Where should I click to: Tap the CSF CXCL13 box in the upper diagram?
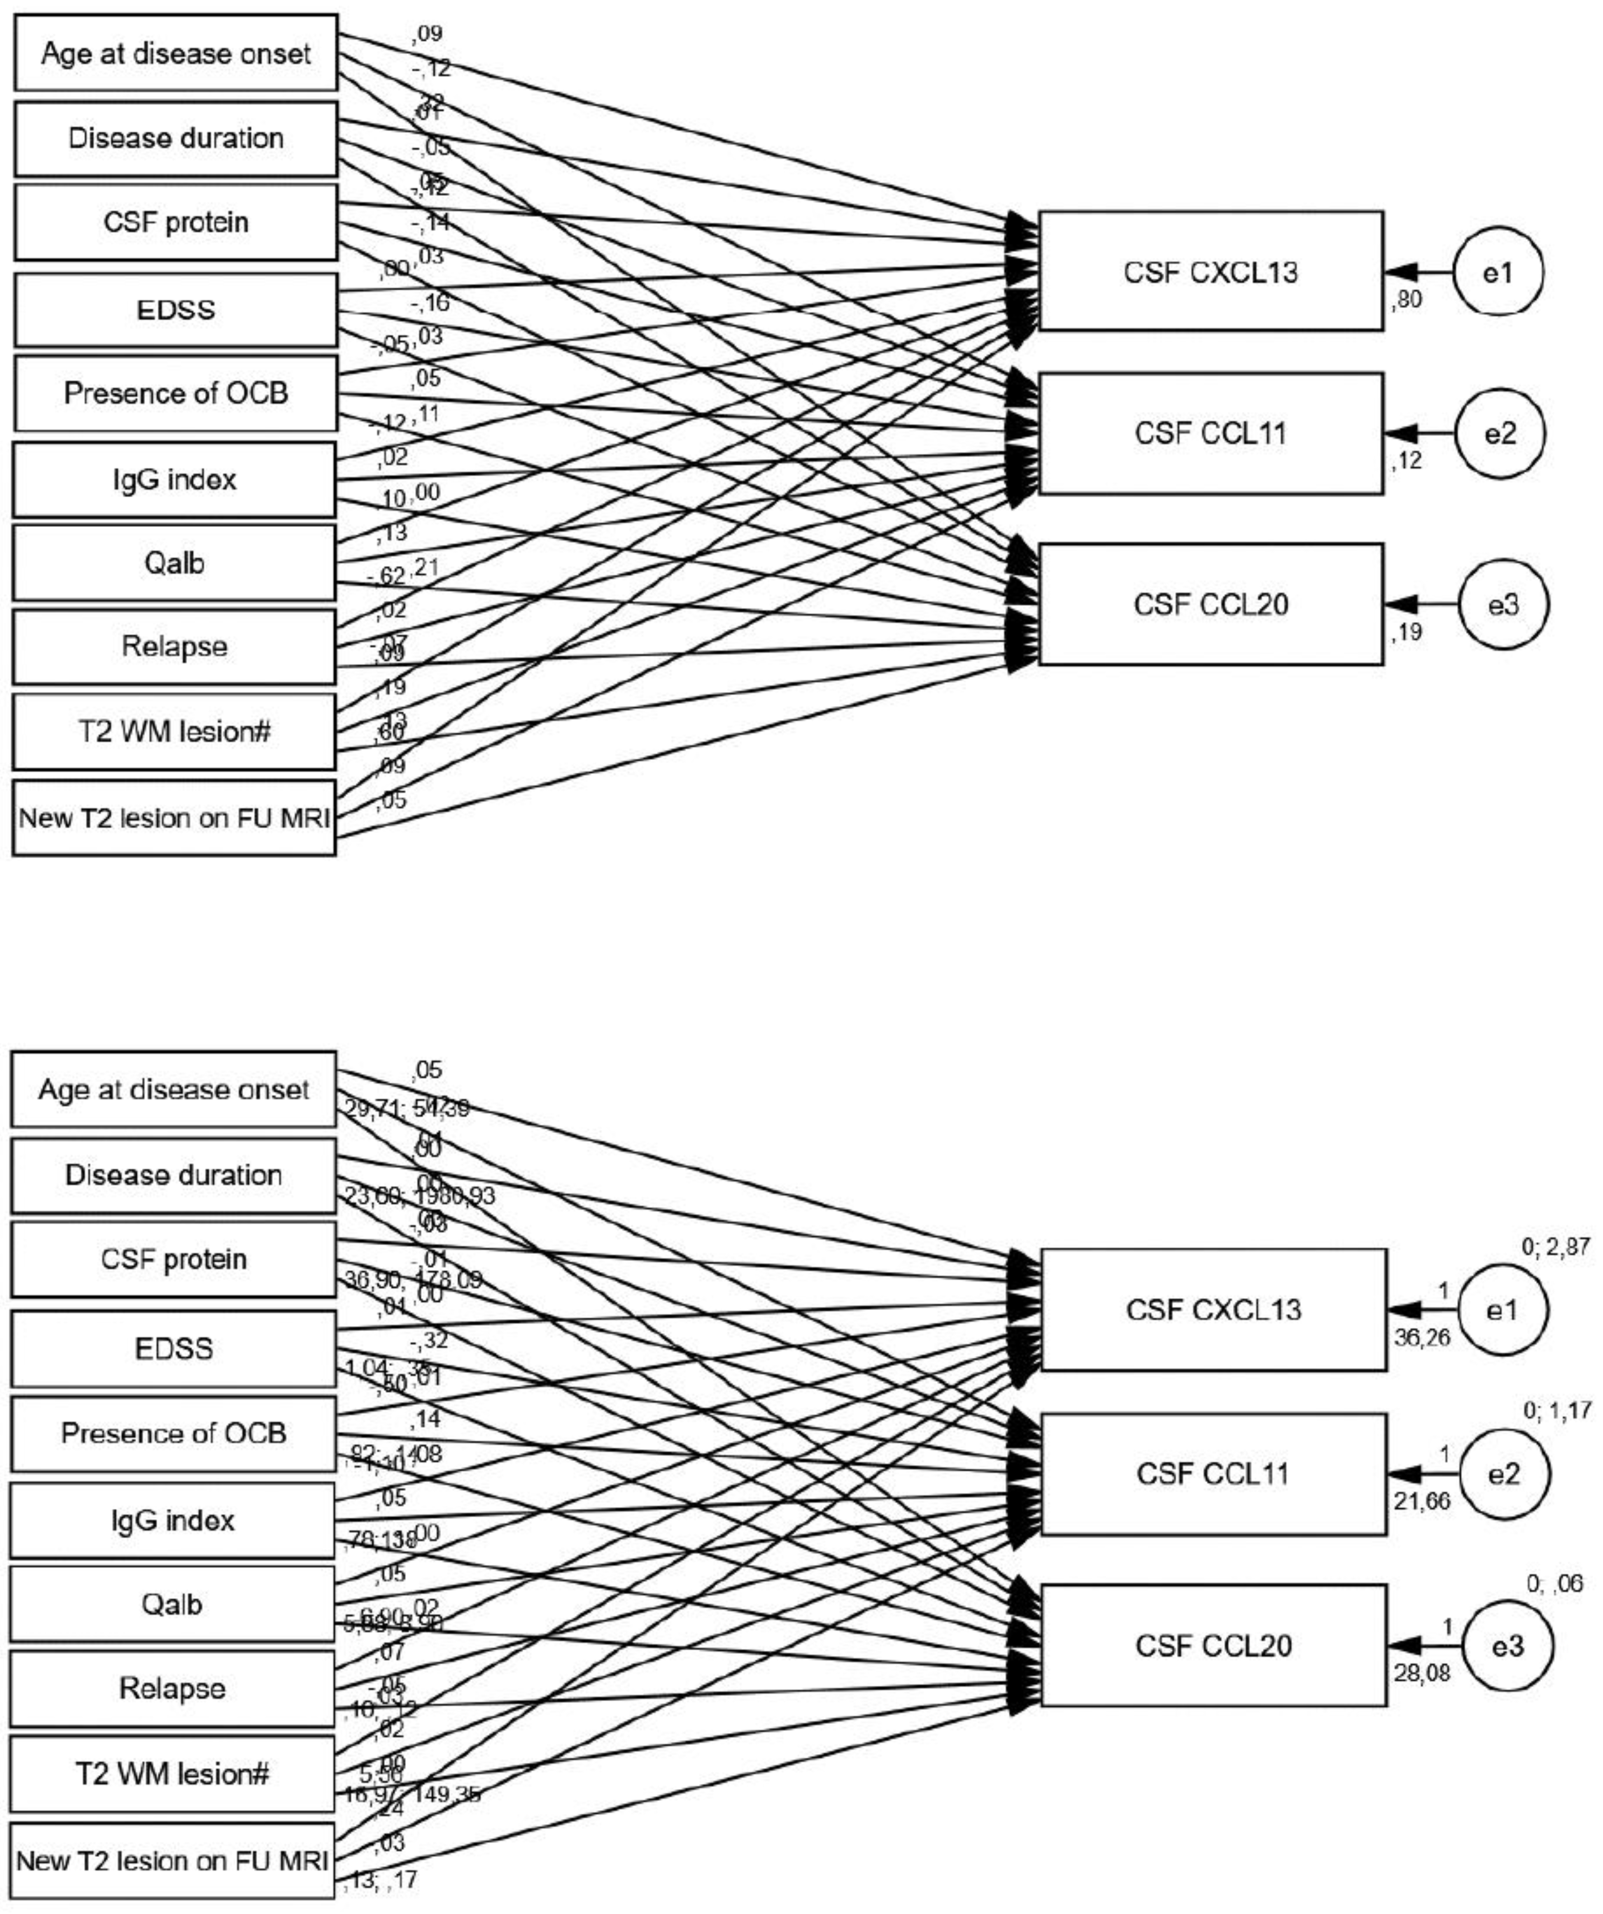[1210, 271]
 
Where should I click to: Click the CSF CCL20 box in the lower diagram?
[1213, 1646]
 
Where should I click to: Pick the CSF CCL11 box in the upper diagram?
[1210, 434]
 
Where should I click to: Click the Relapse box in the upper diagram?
[174, 647]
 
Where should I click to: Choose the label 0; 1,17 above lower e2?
[1557, 1411]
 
